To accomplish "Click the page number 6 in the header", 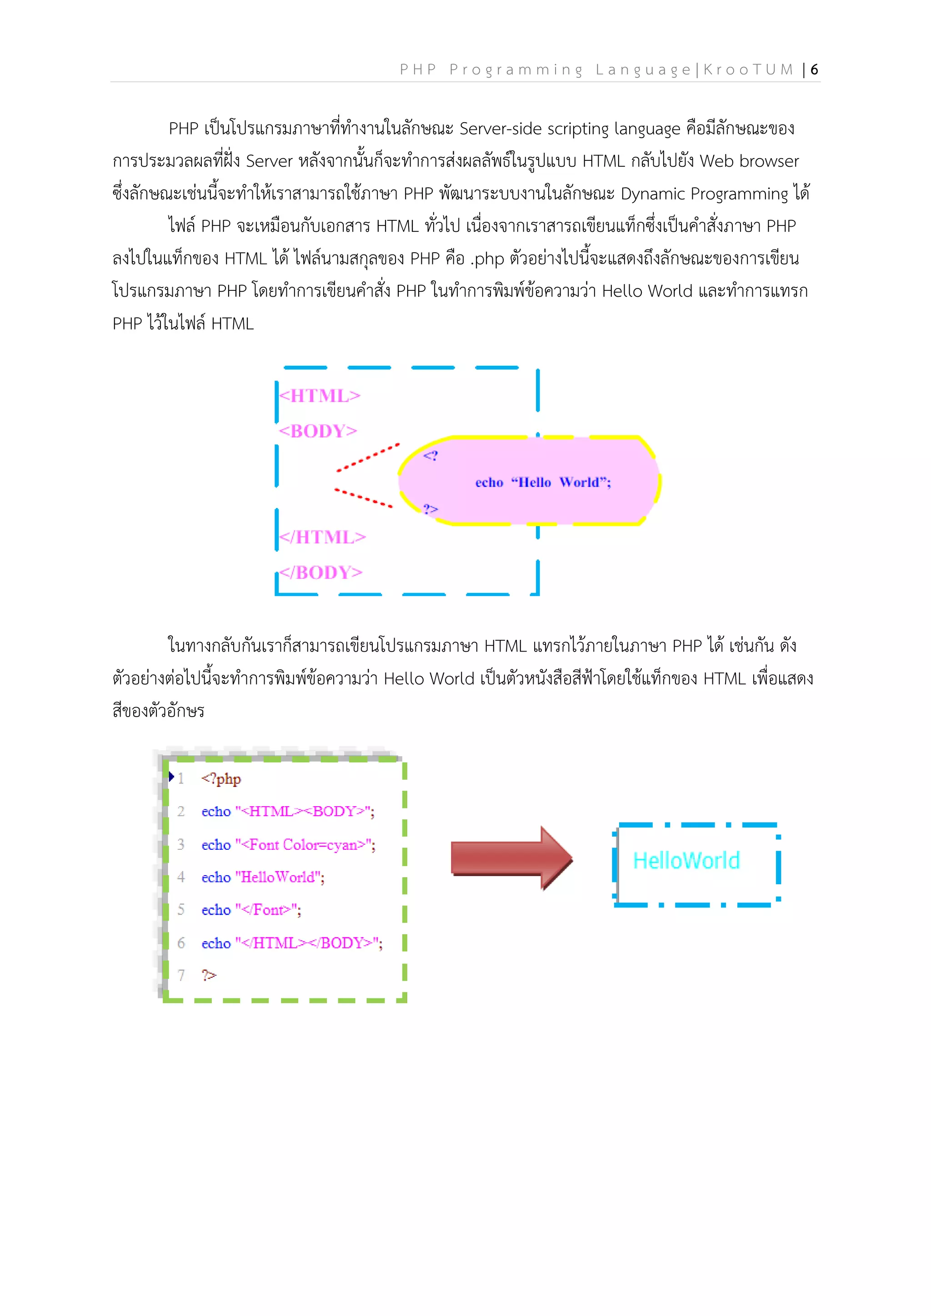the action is click(x=814, y=70).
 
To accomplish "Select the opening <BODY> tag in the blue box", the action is click(x=318, y=431).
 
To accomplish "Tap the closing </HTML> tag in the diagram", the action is click(x=322, y=537).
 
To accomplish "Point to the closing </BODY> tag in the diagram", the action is click(x=320, y=573).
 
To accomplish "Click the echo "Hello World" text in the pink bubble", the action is click(x=543, y=483).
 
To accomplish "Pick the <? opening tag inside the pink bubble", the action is click(x=430, y=456).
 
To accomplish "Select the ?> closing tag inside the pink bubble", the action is click(x=430, y=509).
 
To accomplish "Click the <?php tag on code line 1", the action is click(x=221, y=779).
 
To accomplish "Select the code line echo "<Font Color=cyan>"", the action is click(x=288, y=845).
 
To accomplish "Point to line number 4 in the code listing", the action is click(x=181, y=877).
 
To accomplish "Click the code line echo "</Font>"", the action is click(x=251, y=910).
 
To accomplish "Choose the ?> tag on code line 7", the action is click(x=209, y=976).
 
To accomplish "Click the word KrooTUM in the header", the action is click(x=749, y=70).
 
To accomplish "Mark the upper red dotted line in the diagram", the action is click(x=367, y=458).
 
